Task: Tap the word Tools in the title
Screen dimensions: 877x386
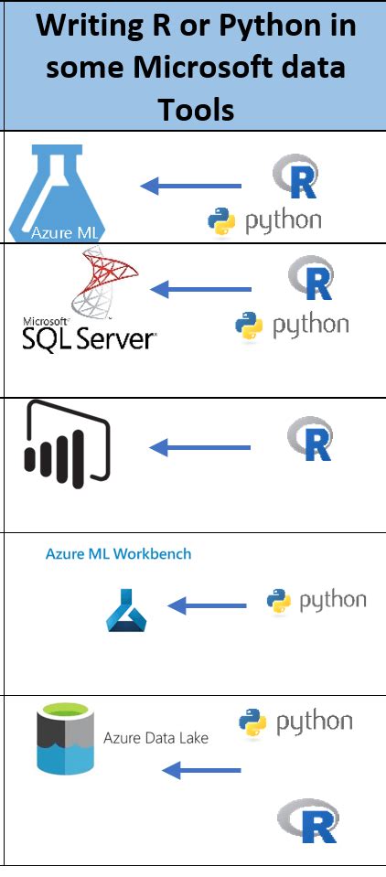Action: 196,109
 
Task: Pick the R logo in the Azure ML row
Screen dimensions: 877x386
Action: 295,176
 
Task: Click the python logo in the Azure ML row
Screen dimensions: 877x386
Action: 264,220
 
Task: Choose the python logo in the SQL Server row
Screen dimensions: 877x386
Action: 291,325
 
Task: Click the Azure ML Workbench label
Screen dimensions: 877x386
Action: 118,553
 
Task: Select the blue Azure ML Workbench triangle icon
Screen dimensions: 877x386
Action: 126,612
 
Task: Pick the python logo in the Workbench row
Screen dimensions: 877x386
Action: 316,600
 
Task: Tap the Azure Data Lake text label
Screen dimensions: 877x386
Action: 155,737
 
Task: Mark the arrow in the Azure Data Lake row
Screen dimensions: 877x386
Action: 201,771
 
